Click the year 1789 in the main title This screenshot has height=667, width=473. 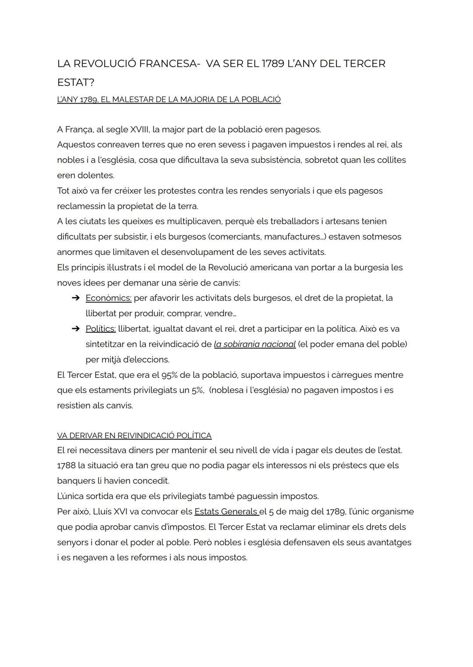[x=273, y=64]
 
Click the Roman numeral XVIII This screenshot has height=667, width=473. [x=141, y=129]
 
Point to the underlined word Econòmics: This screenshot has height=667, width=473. [x=108, y=298]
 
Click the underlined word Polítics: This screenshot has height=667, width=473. [x=101, y=329]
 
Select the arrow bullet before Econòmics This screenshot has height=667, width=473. [x=76, y=298]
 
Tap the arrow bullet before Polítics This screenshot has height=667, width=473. [x=76, y=329]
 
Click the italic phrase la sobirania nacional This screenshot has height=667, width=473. [x=254, y=344]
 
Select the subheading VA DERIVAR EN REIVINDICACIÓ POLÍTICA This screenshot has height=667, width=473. [x=134, y=436]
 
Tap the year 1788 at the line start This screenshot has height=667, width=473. [x=66, y=465]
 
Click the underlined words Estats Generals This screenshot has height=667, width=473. [x=226, y=512]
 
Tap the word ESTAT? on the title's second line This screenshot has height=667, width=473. [x=75, y=83]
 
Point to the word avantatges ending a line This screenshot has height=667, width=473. [x=390, y=542]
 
